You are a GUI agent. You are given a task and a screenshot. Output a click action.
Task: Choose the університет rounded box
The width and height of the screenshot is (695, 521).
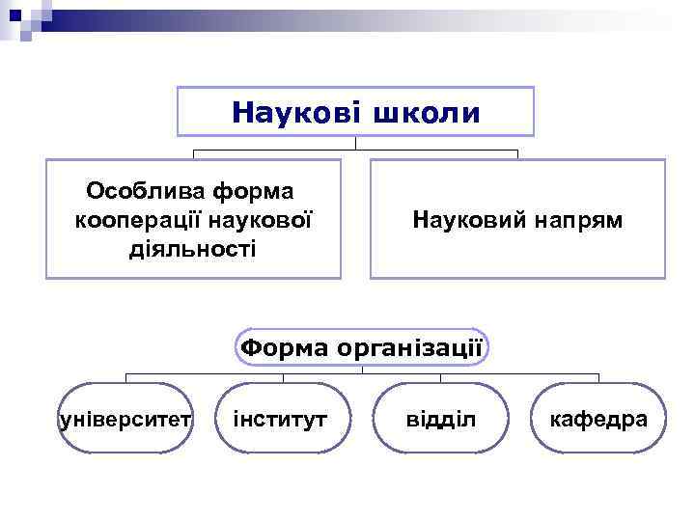tap(126, 419)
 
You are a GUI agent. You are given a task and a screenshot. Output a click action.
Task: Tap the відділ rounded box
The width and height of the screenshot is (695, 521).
tap(440, 419)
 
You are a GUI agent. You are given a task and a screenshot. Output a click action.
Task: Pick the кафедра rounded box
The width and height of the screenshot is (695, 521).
tap(598, 419)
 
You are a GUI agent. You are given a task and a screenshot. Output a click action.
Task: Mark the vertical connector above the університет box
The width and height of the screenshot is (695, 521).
tap(126, 377)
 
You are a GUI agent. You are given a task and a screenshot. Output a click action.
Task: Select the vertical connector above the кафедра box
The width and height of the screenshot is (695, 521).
tap(598, 377)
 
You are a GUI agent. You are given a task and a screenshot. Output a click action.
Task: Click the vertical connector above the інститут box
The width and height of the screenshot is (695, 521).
tap(283, 377)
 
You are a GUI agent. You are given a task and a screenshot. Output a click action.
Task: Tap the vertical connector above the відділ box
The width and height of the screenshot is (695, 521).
tap(440, 377)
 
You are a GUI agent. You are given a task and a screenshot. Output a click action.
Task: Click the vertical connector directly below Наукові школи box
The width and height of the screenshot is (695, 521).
tap(355, 143)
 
